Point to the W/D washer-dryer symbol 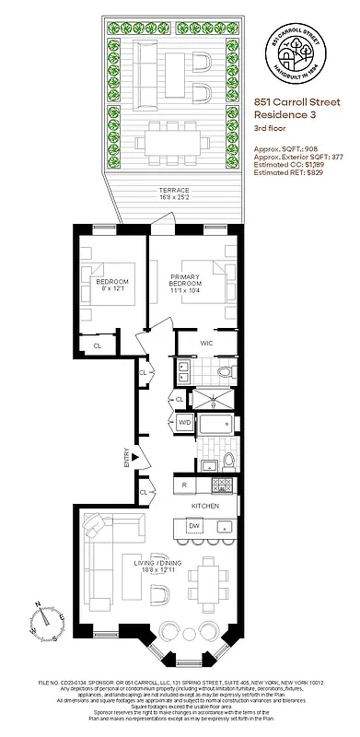184,422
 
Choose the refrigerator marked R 185,484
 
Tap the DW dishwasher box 193,525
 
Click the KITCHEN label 204,507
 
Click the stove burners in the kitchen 218,484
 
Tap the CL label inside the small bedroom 97,345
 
